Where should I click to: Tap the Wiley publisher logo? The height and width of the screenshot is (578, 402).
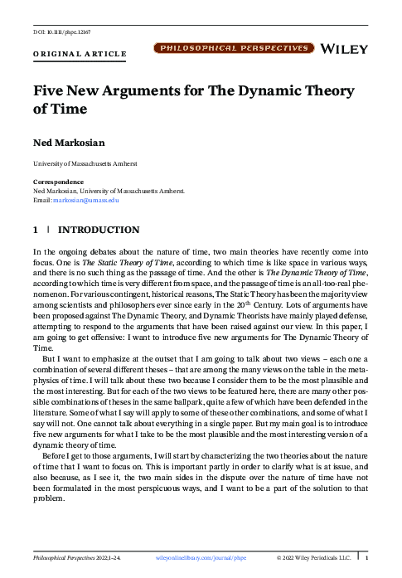[355, 50]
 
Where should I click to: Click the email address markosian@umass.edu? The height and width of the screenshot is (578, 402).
[87, 200]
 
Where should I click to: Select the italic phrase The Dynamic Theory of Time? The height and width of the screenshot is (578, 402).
[317, 271]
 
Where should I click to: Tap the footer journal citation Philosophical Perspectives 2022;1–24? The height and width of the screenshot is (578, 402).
[77, 559]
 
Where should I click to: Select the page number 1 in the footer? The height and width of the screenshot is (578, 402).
[366, 559]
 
